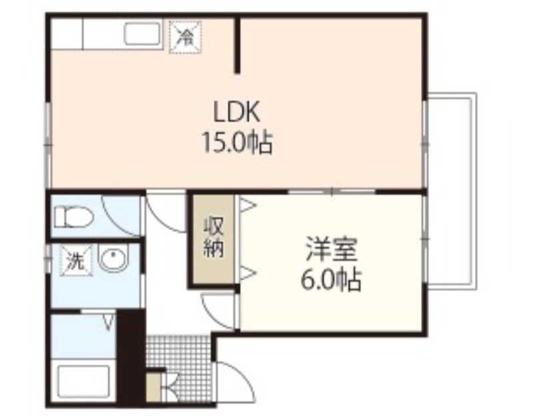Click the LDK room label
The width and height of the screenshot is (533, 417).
click(x=237, y=111)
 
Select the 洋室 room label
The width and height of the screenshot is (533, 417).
click(x=331, y=249)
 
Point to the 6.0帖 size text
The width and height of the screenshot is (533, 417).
click(x=330, y=280)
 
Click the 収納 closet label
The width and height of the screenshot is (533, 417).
click(x=213, y=238)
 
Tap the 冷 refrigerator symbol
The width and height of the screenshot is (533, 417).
click(x=185, y=37)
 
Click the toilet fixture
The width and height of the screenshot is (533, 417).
click(x=74, y=217)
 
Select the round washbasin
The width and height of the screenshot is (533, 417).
click(x=113, y=259)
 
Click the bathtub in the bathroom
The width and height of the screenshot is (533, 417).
click(x=85, y=382)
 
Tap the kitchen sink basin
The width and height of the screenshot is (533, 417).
click(x=142, y=34)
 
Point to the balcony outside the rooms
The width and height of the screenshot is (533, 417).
click(x=452, y=191)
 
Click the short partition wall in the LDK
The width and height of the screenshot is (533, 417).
click(x=238, y=45)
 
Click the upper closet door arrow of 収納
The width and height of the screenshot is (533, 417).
click(x=247, y=206)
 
